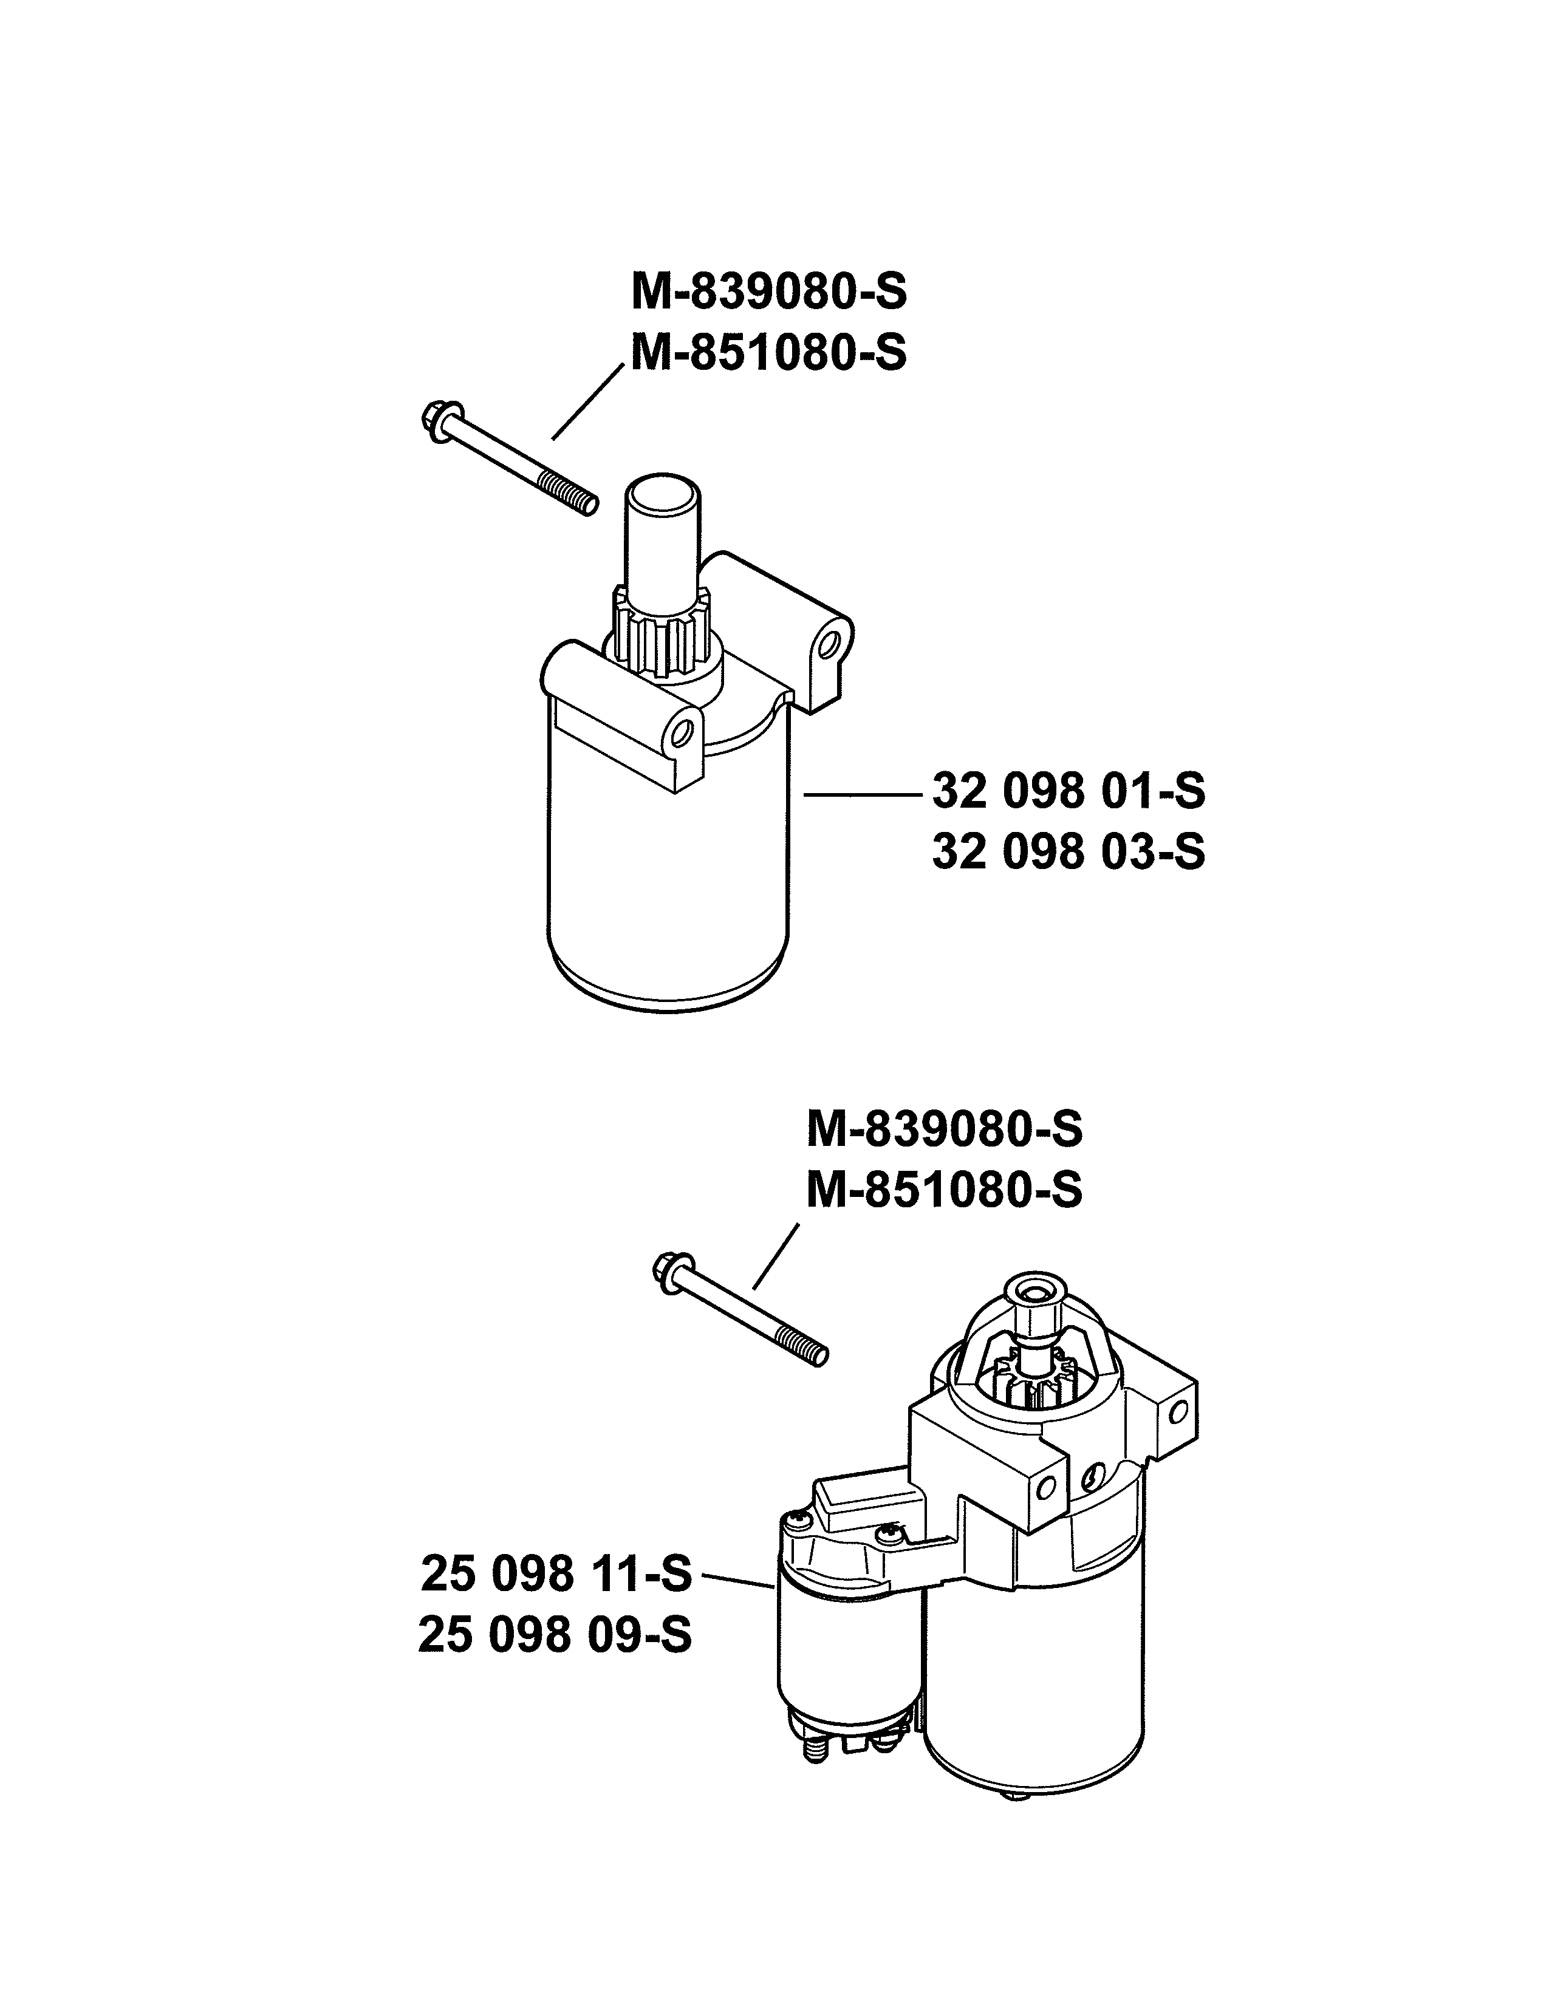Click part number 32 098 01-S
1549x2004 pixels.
coord(1068,791)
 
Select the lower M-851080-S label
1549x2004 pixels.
coord(944,1191)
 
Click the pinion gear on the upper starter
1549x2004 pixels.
coord(661,637)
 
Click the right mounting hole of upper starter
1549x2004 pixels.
coord(830,641)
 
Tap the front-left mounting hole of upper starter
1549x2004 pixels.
coord(682,731)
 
